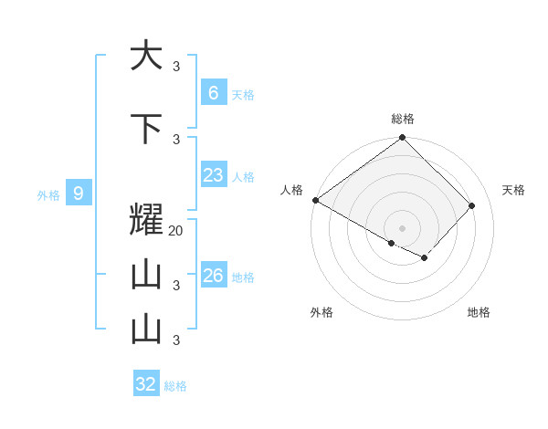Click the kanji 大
tap(146, 56)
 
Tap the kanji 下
tap(146, 129)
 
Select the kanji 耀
tap(146, 222)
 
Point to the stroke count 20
tap(176, 231)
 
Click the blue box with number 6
tap(213, 92)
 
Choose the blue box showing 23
tap(213, 174)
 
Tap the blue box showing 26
tap(213, 275)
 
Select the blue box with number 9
tap(79, 193)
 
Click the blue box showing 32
tap(146, 384)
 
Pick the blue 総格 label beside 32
tap(175, 386)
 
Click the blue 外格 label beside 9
tap(48, 194)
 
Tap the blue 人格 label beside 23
tap(243, 176)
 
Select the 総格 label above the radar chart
tap(403, 119)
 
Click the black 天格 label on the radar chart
tap(513, 190)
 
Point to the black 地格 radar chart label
tap(479, 312)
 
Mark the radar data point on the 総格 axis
tap(402, 139)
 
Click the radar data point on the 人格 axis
tap(315, 200)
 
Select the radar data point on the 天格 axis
tap(471, 206)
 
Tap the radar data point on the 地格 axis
tap(425, 258)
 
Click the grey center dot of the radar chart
tap(402, 227)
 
